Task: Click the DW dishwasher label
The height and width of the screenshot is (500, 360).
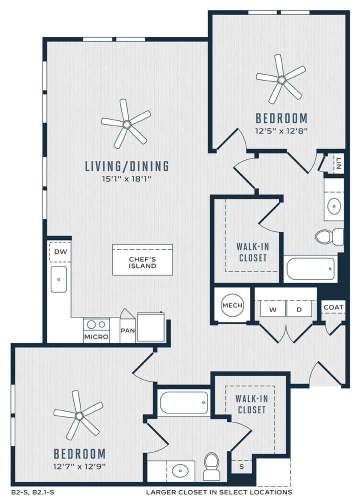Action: click(60, 251)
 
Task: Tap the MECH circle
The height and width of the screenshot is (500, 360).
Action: click(232, 305)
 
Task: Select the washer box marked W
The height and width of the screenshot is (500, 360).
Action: click(273, 308)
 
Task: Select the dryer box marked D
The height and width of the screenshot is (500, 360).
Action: click(299, 308)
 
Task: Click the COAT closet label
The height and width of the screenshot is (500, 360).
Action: click(333, 307)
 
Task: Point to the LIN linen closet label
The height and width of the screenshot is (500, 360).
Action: click(338, 163)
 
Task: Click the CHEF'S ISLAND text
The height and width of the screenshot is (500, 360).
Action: click(142, 263)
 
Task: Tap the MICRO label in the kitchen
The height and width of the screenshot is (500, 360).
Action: click(96, 336)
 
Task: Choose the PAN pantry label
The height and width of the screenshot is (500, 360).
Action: click(127, 330)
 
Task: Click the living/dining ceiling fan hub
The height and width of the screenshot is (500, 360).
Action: click(127, 124)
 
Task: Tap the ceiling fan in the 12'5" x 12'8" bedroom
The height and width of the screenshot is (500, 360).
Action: click(281, 79)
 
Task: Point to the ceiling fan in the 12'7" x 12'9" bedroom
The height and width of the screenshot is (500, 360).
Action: click(79, 416)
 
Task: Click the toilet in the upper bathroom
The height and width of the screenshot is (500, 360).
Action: click(329, 236)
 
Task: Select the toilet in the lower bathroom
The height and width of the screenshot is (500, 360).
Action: click(211, 466)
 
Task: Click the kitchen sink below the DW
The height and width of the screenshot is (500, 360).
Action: click(59, 279)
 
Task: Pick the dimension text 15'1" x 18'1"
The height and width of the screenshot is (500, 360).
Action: click(126, 179)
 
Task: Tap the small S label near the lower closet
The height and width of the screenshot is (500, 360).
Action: click(241, 467)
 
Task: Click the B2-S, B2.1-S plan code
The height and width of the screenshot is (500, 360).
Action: click(30, 492)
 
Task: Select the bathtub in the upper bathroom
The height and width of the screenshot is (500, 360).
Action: click(310, 268)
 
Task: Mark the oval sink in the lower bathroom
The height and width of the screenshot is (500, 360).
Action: click(180, 470)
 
